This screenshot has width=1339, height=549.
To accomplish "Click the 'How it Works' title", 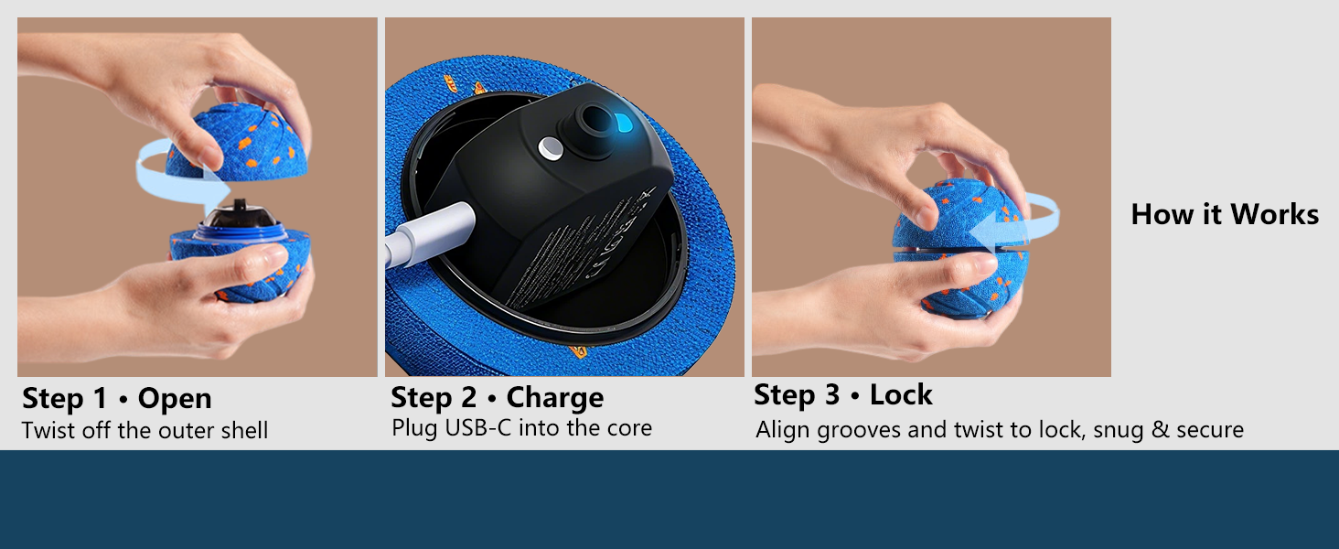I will point(1225,214).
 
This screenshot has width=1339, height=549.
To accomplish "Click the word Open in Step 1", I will point(175,399).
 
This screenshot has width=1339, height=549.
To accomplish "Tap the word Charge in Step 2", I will point(555,398).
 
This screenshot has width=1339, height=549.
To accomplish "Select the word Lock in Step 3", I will point(901,395).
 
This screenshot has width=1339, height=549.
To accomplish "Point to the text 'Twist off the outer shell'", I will point(145,430).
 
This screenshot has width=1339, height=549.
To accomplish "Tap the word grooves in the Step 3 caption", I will point(857,429).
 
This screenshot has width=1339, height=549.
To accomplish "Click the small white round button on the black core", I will point(550,145).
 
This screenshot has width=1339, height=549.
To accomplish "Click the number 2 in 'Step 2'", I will point(468,398).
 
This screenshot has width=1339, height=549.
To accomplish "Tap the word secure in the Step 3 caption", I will point(1209,429).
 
